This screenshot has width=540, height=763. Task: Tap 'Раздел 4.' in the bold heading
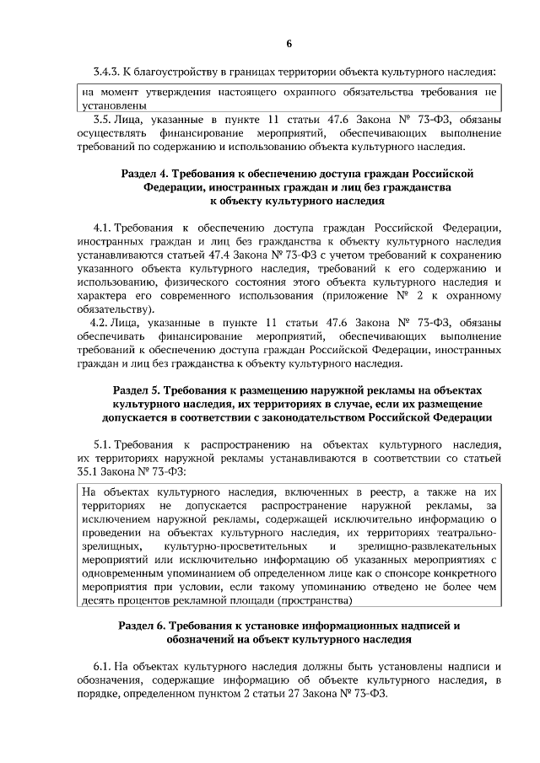(x=138, y=172)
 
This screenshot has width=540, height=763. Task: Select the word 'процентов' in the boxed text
(x=147, y=599)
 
